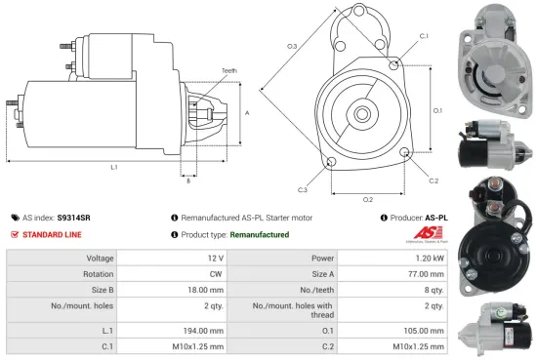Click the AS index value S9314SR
73,218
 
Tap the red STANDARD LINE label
54,235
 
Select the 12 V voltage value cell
216,259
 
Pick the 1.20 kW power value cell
431,259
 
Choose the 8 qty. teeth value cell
435,290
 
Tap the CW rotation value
218,274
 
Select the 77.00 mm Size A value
427,274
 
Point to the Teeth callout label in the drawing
228,70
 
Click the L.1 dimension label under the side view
114,168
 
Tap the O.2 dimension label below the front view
368,199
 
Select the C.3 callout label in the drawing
304,189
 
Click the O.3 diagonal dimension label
292,46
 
